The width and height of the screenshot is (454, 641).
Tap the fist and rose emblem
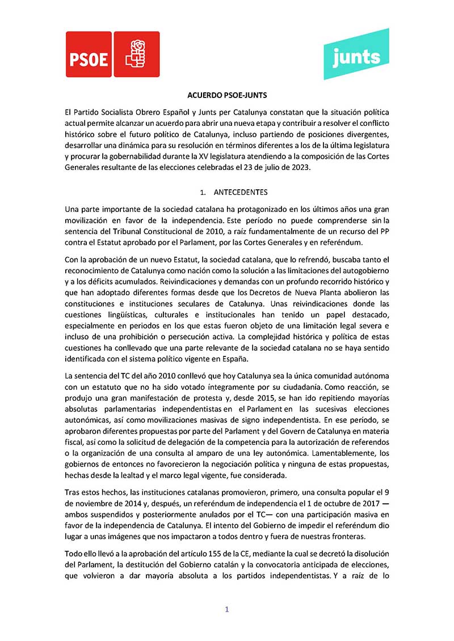[136, 54]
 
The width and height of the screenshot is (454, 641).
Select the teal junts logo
[356, 55]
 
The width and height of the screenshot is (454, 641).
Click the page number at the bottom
[227, 610]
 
